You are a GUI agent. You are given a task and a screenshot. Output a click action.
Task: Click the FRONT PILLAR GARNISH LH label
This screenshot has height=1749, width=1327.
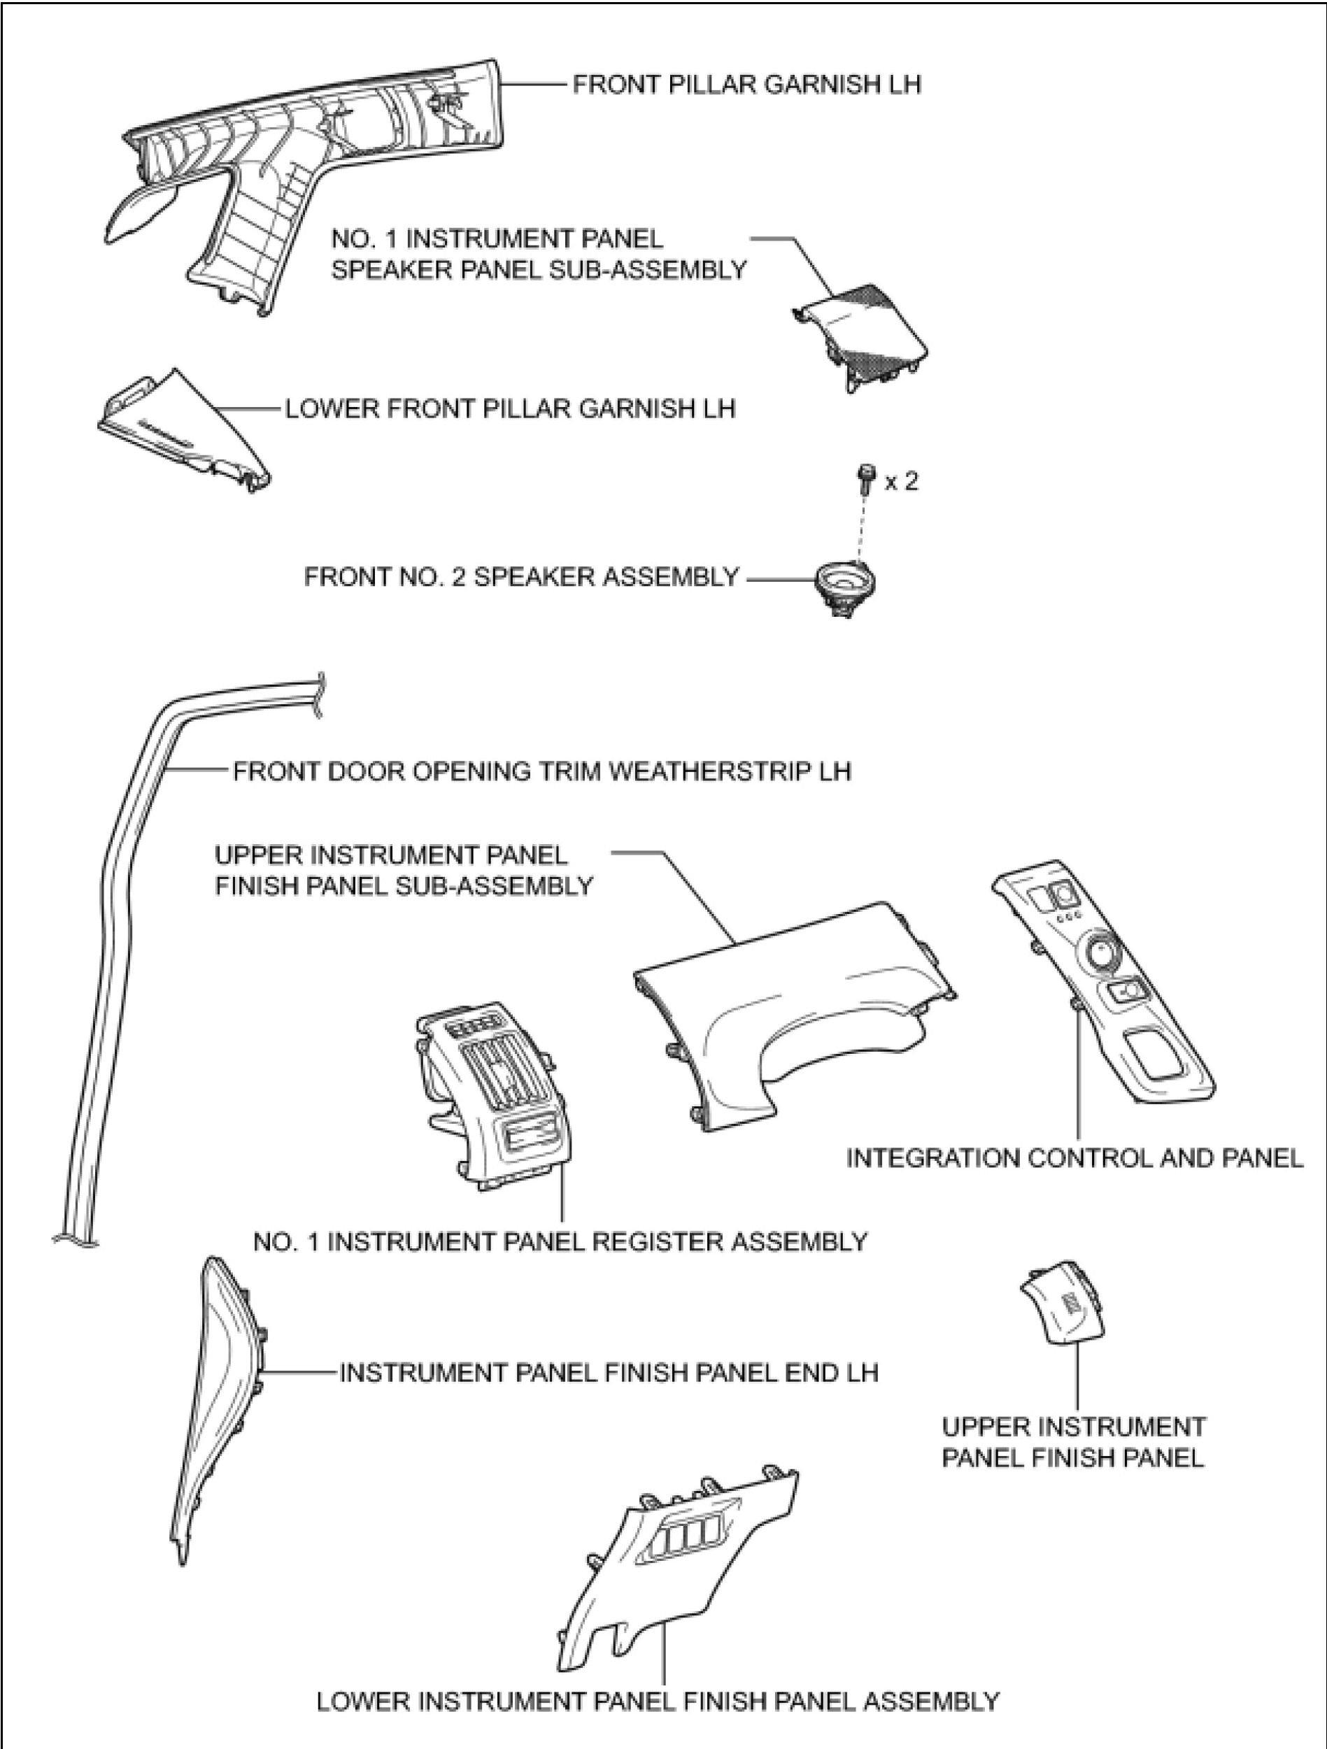click(x=746, y=85)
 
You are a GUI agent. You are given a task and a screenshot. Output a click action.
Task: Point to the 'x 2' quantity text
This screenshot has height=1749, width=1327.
click(x=902, y=482)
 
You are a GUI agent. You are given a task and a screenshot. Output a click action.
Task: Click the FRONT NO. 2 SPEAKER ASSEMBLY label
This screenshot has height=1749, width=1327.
click(x=521, y=577)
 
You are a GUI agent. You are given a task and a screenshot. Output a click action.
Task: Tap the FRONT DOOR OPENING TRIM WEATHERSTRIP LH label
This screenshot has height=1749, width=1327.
click(x=541, y=771)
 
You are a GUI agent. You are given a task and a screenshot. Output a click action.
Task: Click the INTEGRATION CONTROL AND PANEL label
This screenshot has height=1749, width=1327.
click(x=1074, y=1158)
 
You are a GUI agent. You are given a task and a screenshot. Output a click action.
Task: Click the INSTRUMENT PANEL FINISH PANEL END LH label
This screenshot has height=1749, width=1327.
click(x=609, y=1373)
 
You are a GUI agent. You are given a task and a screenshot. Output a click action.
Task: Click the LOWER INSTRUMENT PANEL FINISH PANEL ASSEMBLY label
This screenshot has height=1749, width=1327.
click(x=658, y=1701)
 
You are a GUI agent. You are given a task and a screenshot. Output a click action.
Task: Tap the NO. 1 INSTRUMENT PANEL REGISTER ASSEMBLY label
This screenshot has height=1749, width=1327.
click(x=560, y=1241)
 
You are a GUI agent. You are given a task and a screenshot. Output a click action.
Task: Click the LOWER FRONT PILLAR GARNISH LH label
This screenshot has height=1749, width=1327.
click(x=510, y=409)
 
